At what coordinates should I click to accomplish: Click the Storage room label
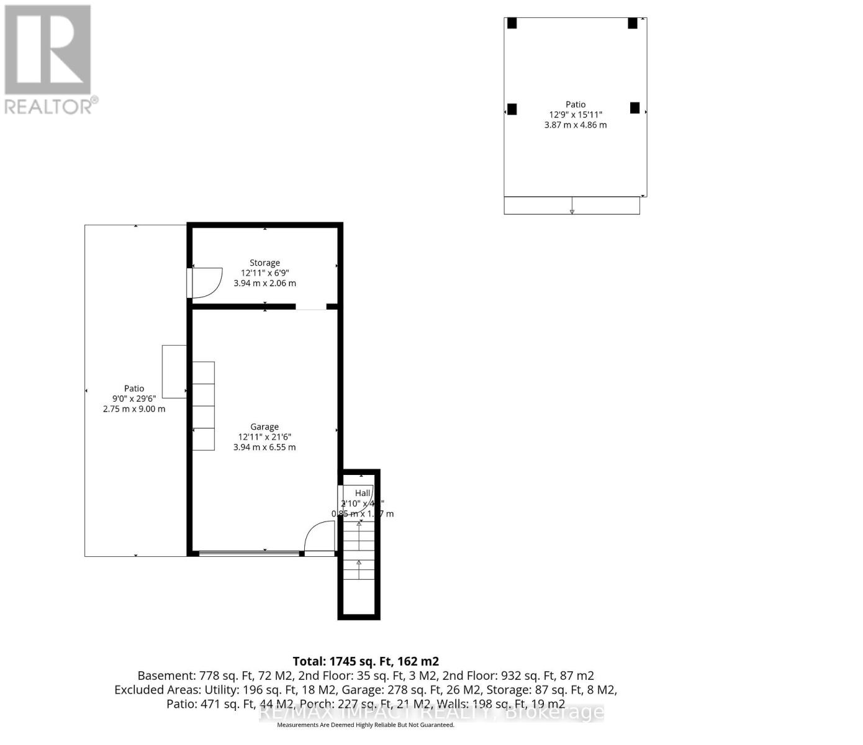tap(264, 263)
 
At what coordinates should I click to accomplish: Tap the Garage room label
tap(264, 427)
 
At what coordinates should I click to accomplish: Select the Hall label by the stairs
tap(363, 493)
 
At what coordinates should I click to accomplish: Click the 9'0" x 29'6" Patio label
tap(134, 389)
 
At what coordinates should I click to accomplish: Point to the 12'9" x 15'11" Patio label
tap(575, 104)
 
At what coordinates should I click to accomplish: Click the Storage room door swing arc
tap(209, 279)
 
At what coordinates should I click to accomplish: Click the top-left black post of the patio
tap(512, 23)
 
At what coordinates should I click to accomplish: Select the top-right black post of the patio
tap(633, 23)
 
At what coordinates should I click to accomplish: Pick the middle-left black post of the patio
tap(512, 109)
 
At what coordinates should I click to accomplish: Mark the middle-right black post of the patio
tap(635, 107)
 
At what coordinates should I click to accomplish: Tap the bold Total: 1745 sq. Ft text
tap(366, 661)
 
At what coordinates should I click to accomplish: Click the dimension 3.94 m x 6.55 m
tap(264, 447)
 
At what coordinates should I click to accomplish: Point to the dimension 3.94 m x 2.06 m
tap(264, 283)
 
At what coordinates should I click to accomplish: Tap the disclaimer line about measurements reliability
tap(366, 725)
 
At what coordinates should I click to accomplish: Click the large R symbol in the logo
tap(48, 50)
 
